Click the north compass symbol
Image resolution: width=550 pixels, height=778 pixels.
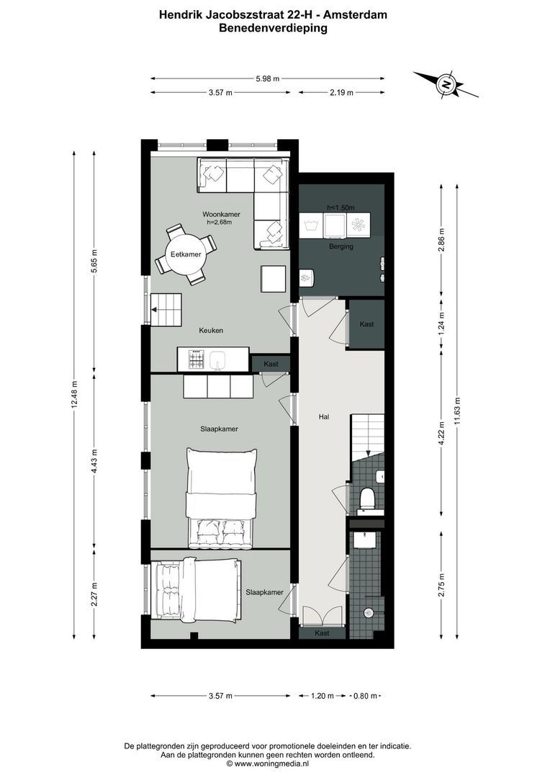(446, 85)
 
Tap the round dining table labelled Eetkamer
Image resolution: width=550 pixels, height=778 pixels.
(185, 255)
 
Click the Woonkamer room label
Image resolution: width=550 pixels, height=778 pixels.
(221, 215)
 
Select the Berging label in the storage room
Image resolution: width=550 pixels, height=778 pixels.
(341, 246)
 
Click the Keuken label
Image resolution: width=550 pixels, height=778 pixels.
(211, 331)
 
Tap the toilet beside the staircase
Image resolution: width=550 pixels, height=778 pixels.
(366, 498)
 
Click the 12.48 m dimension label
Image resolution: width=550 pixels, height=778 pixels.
(74, 395)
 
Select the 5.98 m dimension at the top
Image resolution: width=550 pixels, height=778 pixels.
(266, 79)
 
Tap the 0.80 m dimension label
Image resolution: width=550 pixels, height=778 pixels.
(365, 696)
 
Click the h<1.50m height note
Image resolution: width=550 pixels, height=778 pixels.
(341, 208)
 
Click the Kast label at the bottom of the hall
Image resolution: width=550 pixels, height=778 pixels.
(322, 632)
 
